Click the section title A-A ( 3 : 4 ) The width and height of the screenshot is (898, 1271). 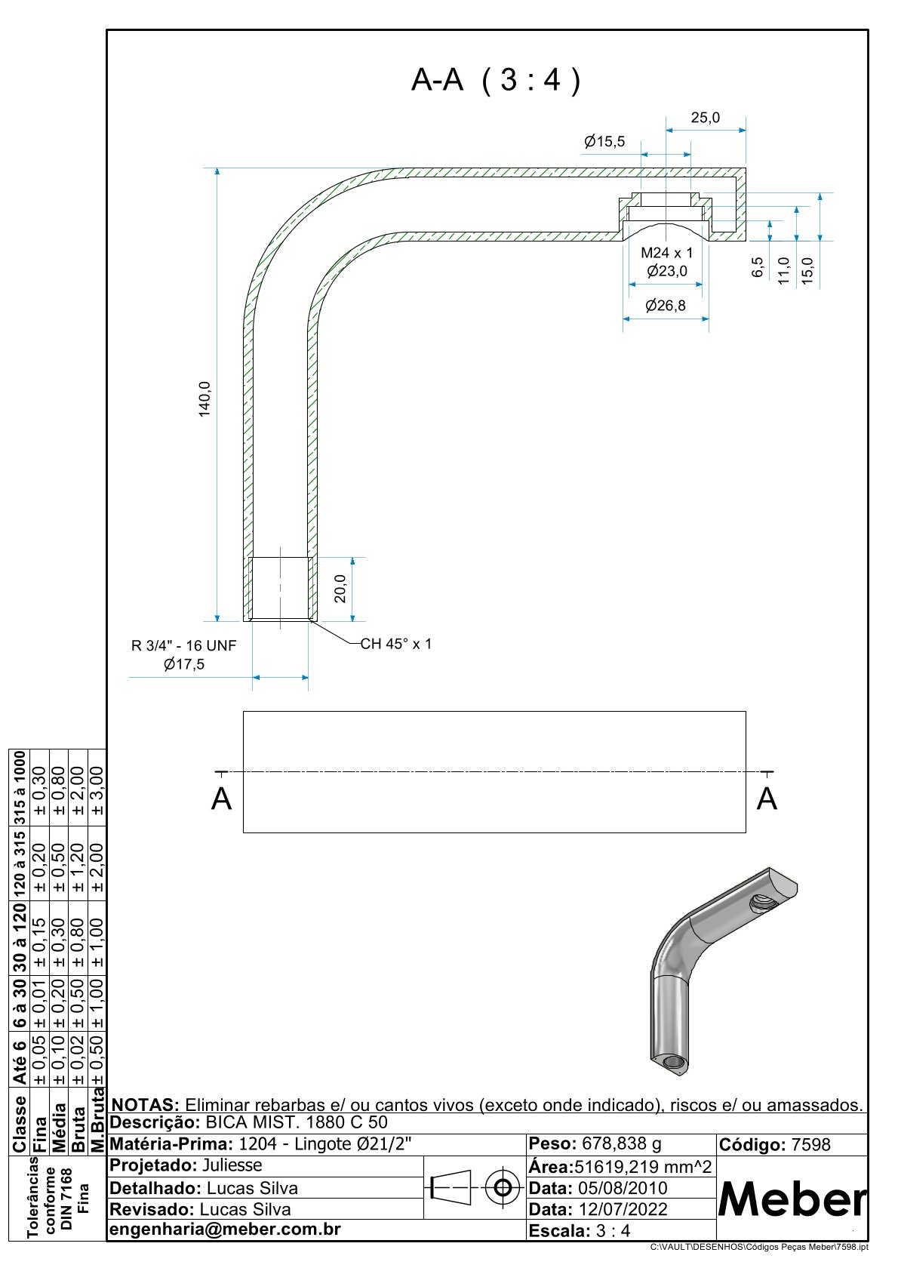[496, 79]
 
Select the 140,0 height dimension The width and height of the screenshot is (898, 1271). [205, 398]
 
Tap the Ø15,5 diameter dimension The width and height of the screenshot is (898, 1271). [604, 141]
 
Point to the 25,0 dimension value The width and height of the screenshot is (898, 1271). [706, 118]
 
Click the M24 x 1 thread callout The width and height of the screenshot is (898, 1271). [666, 253]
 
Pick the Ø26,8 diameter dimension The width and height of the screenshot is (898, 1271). [666, 305]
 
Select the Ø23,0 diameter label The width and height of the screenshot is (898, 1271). [667, 271]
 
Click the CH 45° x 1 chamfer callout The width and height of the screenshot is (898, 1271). [396, 644]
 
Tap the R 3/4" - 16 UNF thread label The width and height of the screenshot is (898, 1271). [183, 645]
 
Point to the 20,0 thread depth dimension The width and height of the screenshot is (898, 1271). [340, 589]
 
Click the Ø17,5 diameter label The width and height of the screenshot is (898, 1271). [183, 664]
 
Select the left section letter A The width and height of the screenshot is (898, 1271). [221, 799]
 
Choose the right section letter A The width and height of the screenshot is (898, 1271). [767, 799]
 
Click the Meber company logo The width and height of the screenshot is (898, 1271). [792, 1199]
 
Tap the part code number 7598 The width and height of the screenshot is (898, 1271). [810, 1145]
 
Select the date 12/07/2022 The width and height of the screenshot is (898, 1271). [623, 1209]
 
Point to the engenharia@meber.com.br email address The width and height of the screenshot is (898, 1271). [226, 1229]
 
